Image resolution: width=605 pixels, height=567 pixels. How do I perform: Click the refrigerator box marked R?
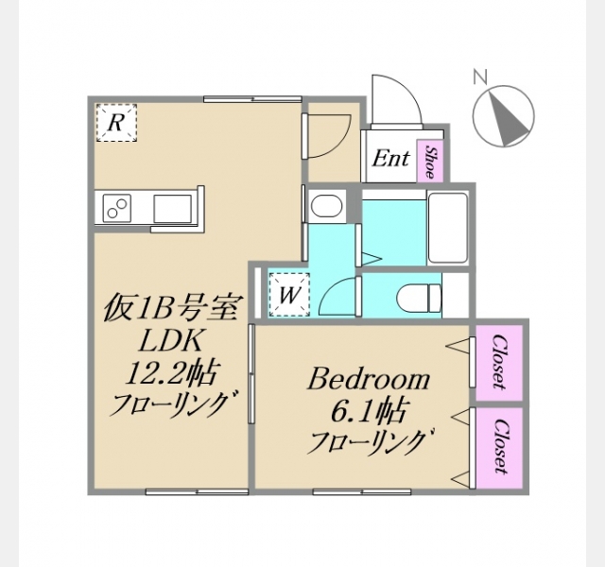coord(116,123)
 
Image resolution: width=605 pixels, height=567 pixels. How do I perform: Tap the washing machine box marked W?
coord(289,295)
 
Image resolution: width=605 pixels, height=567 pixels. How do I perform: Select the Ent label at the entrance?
coord(390,158)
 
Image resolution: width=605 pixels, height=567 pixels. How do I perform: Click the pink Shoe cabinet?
coord(430,161)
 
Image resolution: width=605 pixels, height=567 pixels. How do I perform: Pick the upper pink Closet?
coord(499,362)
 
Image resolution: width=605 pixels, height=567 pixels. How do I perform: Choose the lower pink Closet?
coord(499,447)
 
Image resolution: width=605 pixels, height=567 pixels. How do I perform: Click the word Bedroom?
coord(369,380)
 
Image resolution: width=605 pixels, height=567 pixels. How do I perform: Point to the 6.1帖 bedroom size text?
coord(368,411)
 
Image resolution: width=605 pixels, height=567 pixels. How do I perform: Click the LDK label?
coord(170,340)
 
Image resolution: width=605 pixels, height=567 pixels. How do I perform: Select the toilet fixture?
coord(419,299)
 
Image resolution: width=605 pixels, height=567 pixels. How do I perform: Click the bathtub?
coord(448,229)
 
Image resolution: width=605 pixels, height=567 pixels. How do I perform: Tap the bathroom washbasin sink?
coord(326,206)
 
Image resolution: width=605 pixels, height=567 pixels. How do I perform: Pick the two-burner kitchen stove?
coord(117,208)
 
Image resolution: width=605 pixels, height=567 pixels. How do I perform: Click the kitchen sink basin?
coord(172,209)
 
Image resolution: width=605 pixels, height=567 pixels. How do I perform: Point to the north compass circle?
coord(504,115)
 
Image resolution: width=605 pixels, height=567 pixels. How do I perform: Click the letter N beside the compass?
coord(481,77)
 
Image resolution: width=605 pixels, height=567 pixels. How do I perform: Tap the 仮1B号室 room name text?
coord(170,308)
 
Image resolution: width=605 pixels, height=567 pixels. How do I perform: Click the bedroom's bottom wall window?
coord(362,491)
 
